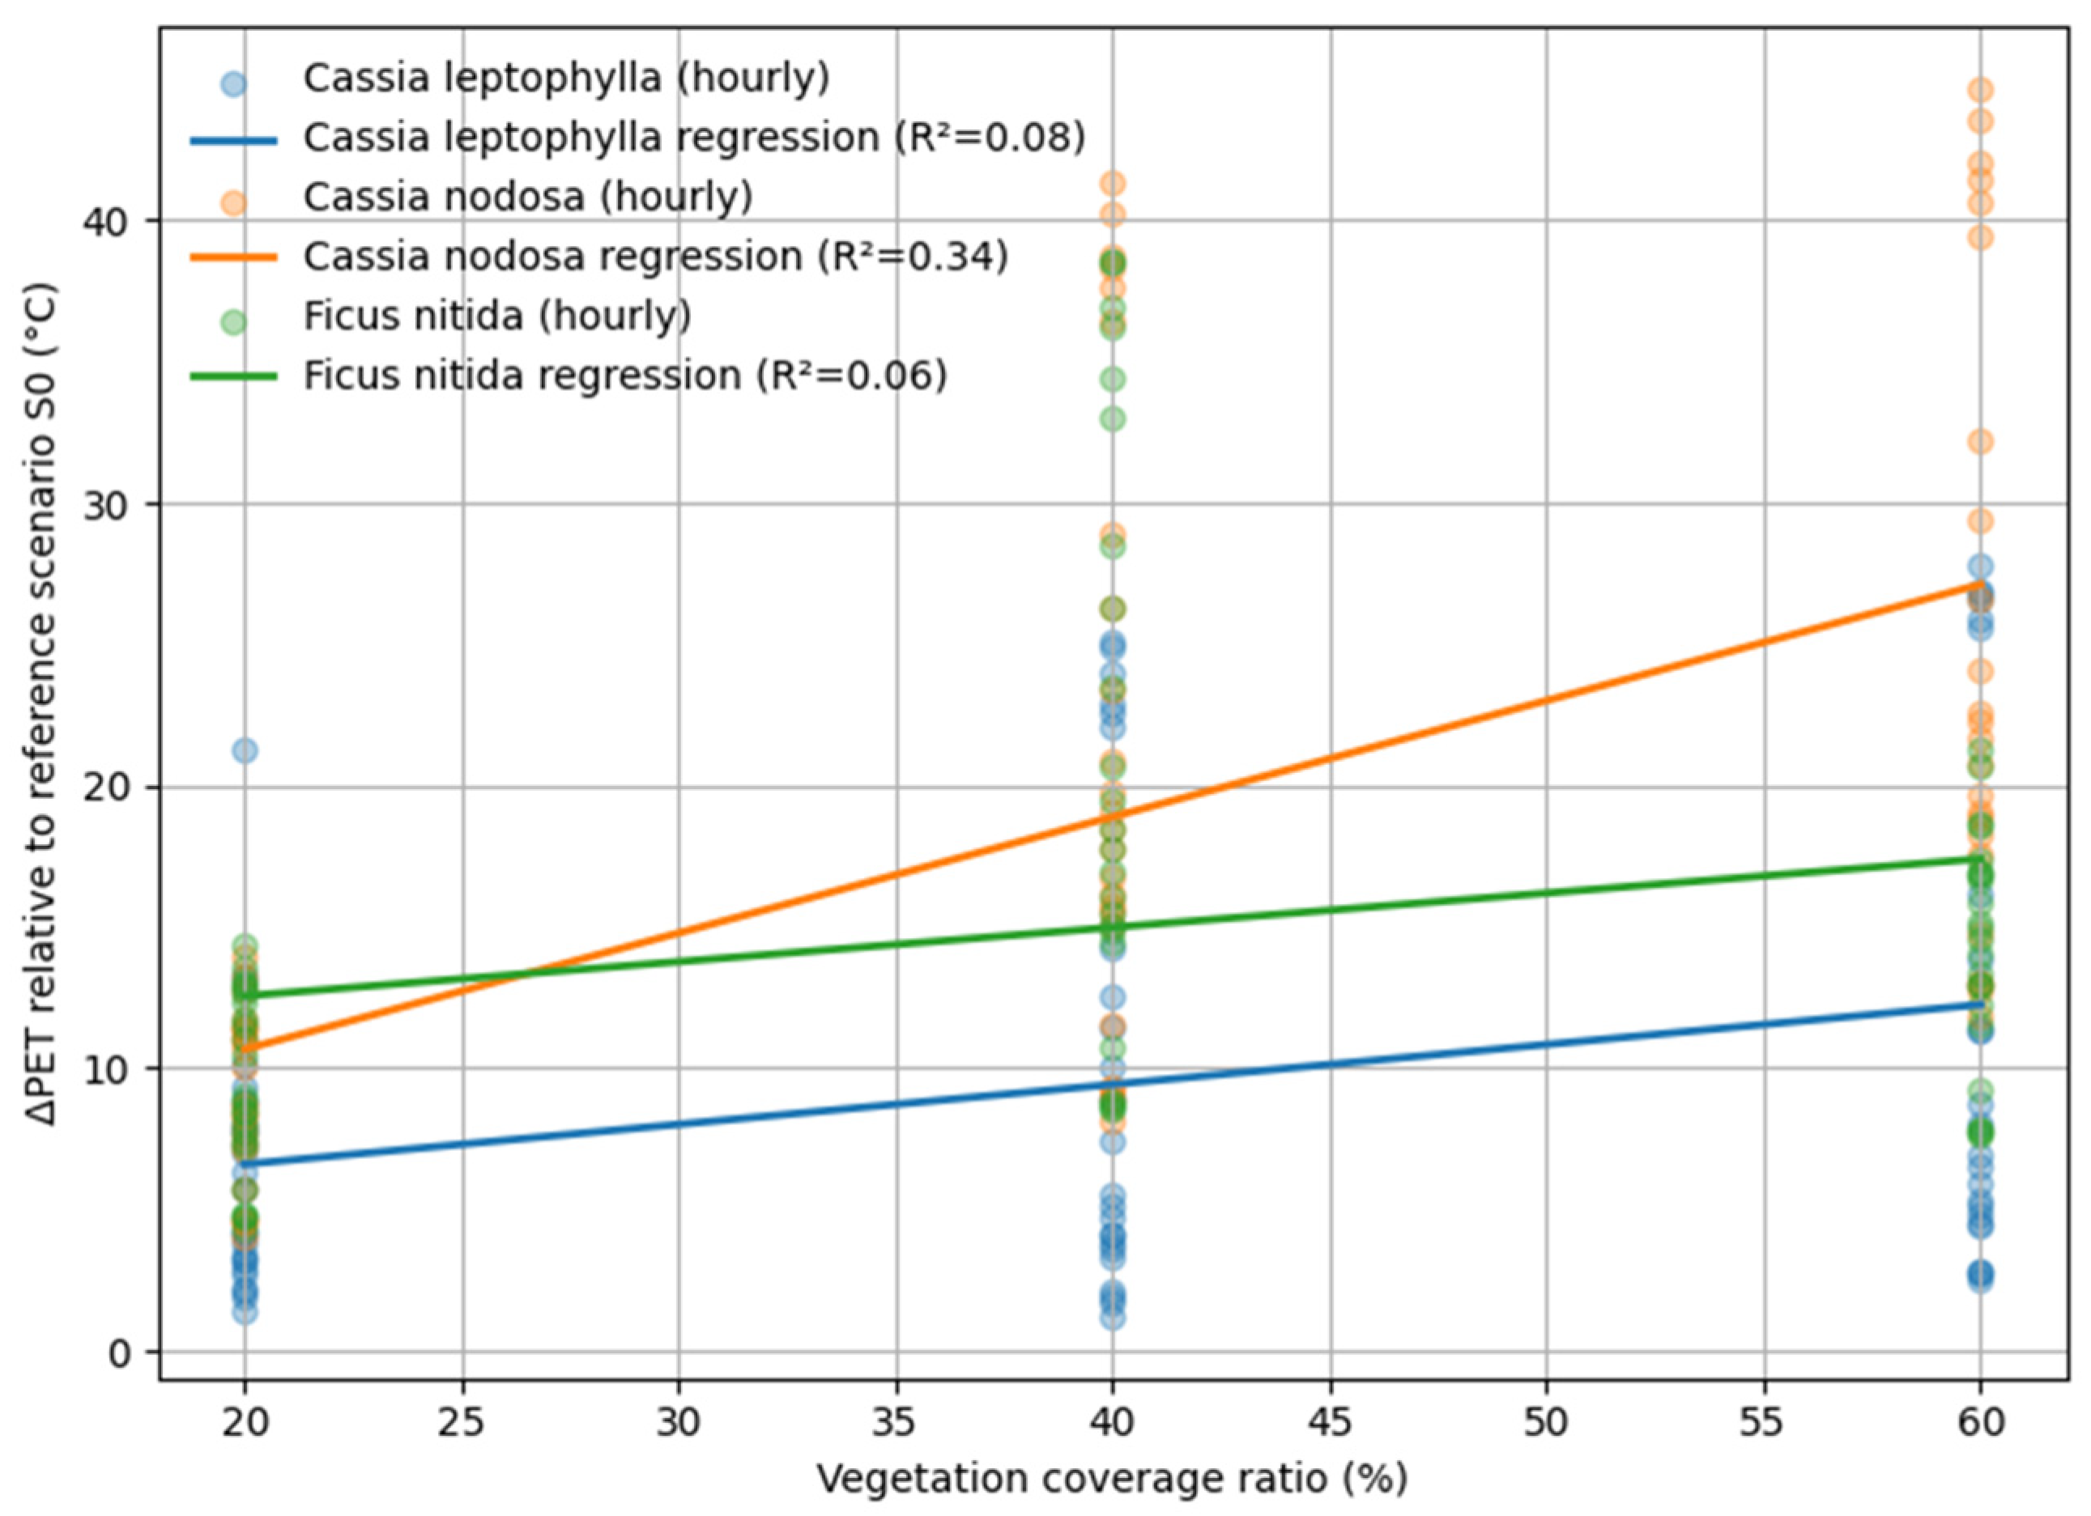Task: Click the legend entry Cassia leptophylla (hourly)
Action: (566, 79)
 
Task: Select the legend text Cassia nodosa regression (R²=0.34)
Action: (655, 257)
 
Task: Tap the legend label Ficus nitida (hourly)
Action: (497, 316)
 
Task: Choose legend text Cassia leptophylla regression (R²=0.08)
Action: (694, 138)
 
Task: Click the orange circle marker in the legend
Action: (234, 202)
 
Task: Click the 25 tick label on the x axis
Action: (462, 1423)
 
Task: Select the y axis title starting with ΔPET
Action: (45, 704)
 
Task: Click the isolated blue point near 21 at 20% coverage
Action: (245, 751)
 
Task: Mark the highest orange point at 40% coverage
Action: (1113, 185)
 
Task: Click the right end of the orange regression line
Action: (1980, 584)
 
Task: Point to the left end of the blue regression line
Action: (245, 1164)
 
